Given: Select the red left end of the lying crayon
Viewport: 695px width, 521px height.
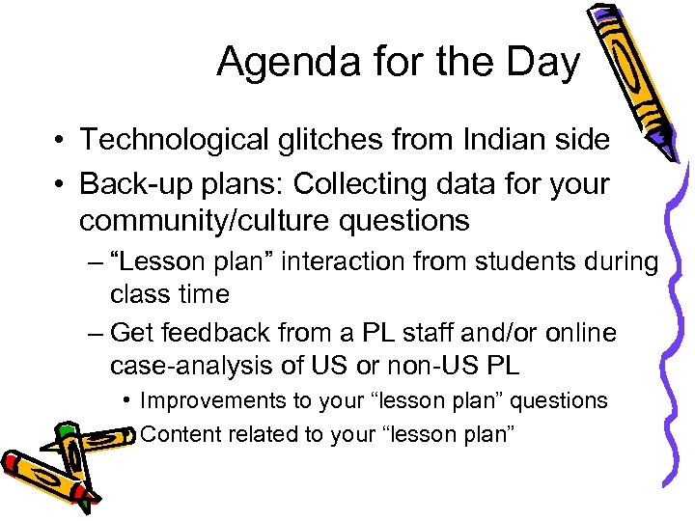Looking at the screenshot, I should [14, 462].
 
